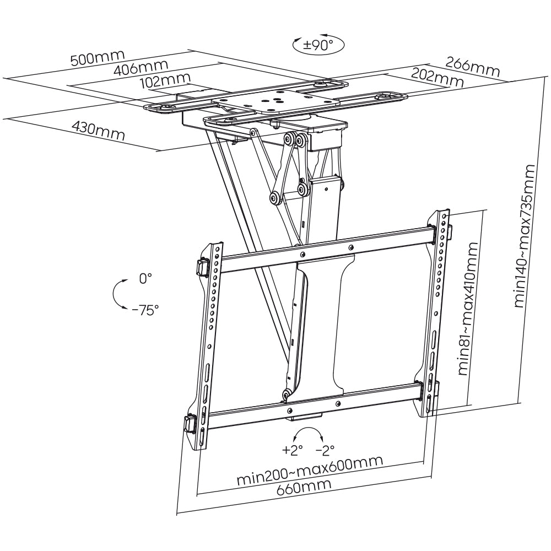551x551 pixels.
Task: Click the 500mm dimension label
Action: pyautogui.click(x=98, y=57)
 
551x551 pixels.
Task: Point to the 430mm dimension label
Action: pyautogui.click(x=98, y=130)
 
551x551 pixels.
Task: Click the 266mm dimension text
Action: pyautogui.click(x=473, y=66)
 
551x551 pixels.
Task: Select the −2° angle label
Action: pyautogui.click(x=325, y=450)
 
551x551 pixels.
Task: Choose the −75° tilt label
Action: pyautogui.click(x=145, y=309)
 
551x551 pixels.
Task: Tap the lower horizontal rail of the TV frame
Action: pyautogui.click(x=309, y=406)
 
